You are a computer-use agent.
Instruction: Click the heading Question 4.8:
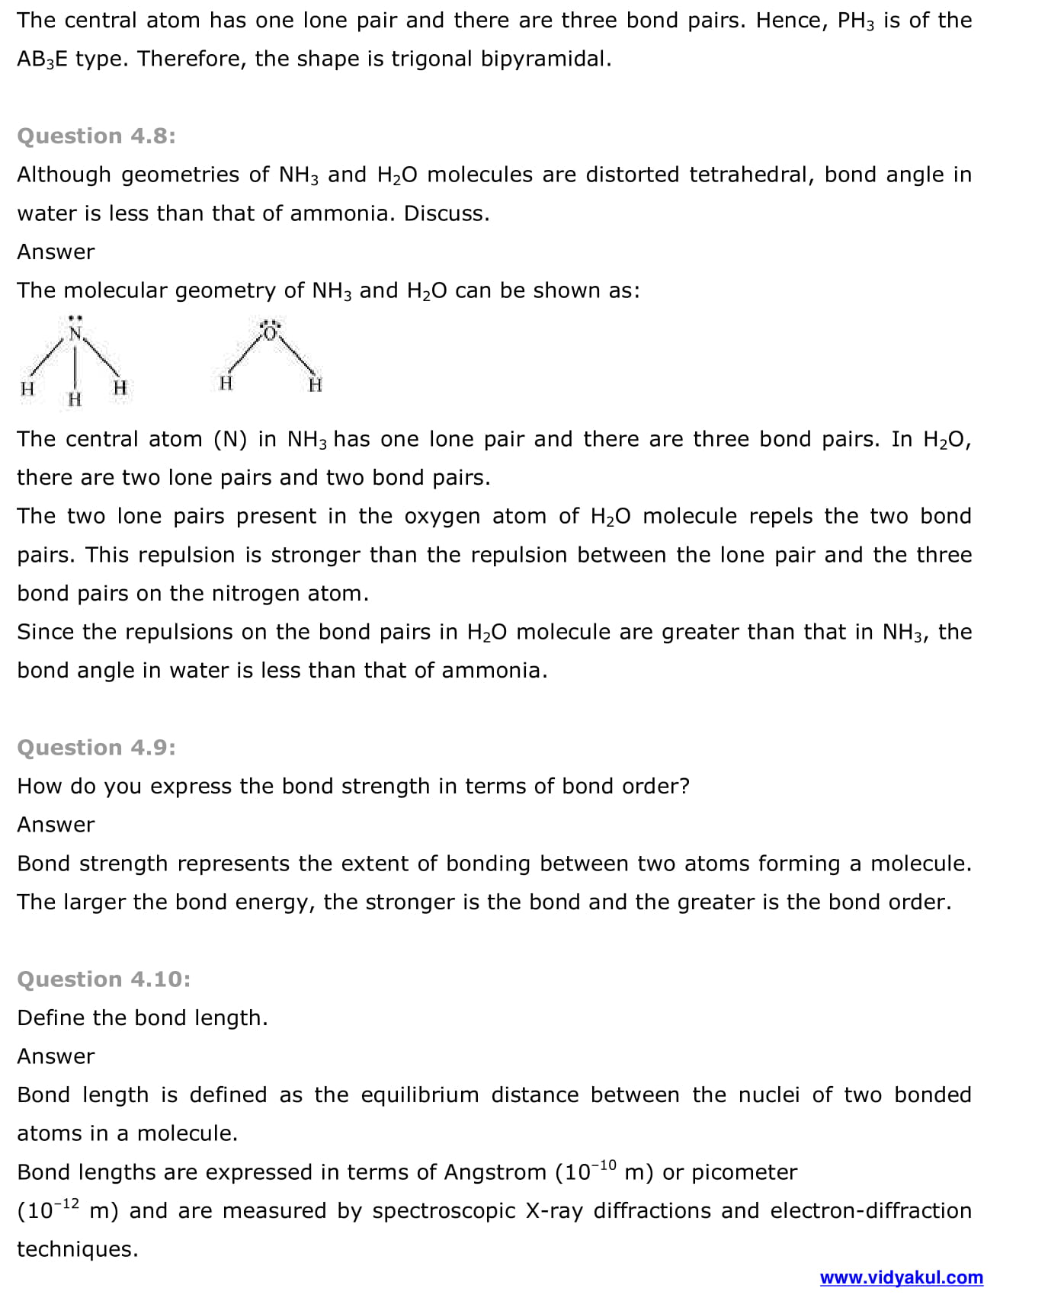96,136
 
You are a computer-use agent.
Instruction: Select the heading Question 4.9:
96,748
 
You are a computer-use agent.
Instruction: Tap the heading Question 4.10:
104,979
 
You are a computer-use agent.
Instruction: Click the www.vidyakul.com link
901,1277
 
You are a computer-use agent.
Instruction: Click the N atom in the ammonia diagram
75,334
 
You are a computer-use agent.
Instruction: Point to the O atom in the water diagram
270,332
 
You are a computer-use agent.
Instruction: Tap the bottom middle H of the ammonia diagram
75,399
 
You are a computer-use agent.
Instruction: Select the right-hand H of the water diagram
316,385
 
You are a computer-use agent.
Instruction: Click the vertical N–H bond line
75,366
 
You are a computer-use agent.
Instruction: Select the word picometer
744,1172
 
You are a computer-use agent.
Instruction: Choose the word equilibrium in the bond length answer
419,1095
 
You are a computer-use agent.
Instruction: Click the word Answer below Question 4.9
56,825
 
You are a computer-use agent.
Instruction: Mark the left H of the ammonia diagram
27,389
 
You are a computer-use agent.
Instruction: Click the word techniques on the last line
77,1249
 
